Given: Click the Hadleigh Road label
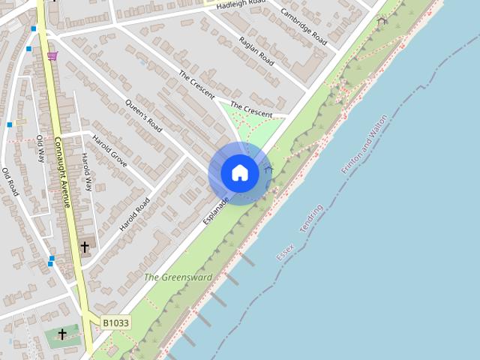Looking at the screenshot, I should pos(241,4).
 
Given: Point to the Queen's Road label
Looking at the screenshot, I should pos(144,115).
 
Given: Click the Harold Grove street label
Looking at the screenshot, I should pos(109,150).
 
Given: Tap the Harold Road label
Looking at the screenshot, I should pos(135,214).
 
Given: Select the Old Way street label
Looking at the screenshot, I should pos(40,148).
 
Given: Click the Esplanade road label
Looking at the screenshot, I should pos(214,211).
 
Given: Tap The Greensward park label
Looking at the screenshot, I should pos(178,277).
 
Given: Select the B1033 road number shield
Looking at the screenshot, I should pos(115,322).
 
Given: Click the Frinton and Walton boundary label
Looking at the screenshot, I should pos(364,144).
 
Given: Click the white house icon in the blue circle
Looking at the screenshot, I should pos(239,173).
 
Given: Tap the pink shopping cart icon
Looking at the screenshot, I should pos(52,55).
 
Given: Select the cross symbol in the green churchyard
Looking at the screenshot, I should pos(62,334).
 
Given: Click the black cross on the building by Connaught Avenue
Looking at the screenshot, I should pos(85,247).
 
